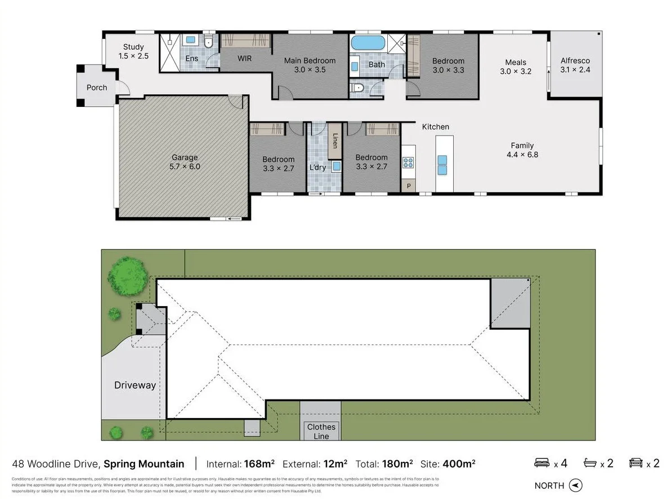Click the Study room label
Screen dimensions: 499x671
click(x=133, y=47)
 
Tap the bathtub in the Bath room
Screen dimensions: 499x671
click(x=368, y=43)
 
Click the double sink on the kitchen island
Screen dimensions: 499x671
click(x=442, y=164)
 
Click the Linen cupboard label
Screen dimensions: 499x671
click(x=334, y=141)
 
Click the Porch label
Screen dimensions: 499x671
click(x=97, y=88)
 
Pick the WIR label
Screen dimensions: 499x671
click(x=244, y=59)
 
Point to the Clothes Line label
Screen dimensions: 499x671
click(x=321, y=431)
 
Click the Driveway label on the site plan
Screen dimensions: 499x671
click(x=135, y=385)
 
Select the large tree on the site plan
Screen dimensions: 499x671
click(x=129, y=276)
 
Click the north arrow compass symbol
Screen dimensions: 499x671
click(x=575, y=485)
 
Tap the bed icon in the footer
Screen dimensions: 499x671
click(x=542, y=463)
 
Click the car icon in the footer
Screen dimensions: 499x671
click(x=636, y=463)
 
